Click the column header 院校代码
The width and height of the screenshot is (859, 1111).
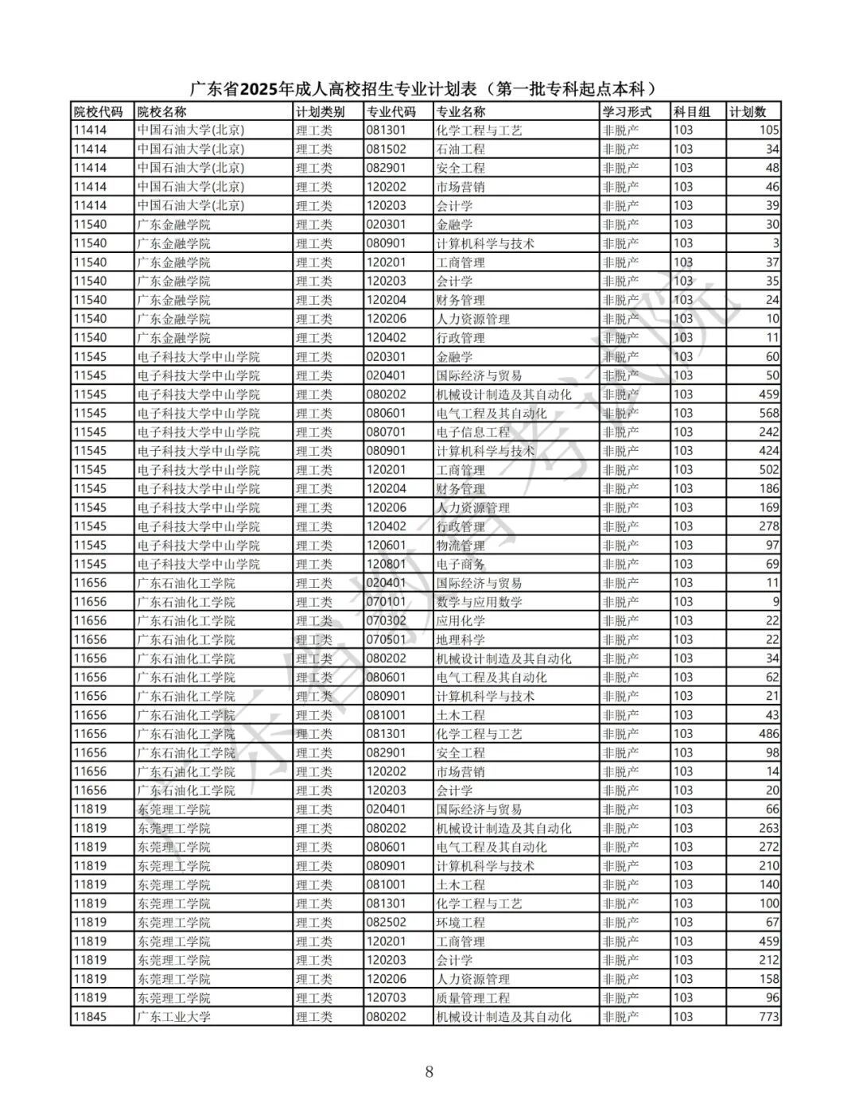[98, 112]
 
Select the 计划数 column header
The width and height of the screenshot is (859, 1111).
[748, 112]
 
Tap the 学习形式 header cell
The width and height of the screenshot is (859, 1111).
[627, 112]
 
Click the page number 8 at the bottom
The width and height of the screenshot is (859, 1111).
[429, 1071]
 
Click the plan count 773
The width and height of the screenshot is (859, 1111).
[768, 1016]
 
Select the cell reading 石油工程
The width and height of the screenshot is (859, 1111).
[461, 150]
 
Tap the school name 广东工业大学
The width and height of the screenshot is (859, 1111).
[174, 1016]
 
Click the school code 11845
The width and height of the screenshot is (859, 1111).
[90, 1016]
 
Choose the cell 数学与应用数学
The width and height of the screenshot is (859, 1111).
[479, 602]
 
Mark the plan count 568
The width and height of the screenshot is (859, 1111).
[768, 414]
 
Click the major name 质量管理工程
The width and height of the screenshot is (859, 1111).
[473, 998]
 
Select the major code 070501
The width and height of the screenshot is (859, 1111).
[386, 639]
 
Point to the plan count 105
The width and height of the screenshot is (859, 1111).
[768, 130]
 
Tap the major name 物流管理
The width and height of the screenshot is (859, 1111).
[461, 546]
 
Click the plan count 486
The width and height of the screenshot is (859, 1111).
[768, 734]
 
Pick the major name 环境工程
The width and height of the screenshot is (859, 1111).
[461, 923]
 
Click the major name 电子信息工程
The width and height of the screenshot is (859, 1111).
[473, 432]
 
